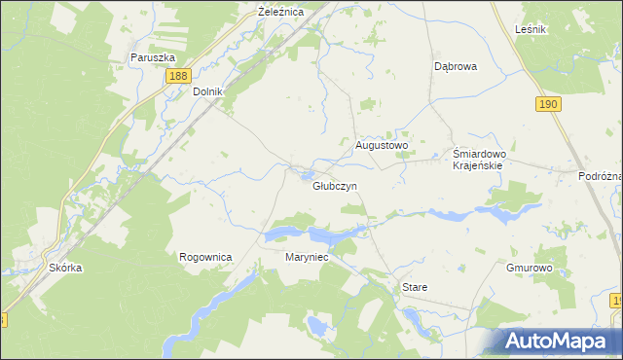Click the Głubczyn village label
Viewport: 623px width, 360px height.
pos(335,186)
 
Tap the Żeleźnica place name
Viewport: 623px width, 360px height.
pos(280,12)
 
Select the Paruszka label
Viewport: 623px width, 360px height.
pos(152,57)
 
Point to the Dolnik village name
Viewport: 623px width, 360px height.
pos(208,91)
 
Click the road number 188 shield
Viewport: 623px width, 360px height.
pos(177,76)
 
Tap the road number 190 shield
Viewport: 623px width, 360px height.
pos(548,103)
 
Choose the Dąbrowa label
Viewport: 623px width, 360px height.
pos(455,67)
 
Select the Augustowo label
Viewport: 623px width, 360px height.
pos(382,145)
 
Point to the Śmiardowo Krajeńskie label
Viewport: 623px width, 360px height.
pos(477,159)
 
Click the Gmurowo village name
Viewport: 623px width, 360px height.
pos(530,267)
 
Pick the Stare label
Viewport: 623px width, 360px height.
pos(415,288)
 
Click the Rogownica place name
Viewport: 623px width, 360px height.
pos(205,257)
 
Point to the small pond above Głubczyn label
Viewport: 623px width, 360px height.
pos(308,175)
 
